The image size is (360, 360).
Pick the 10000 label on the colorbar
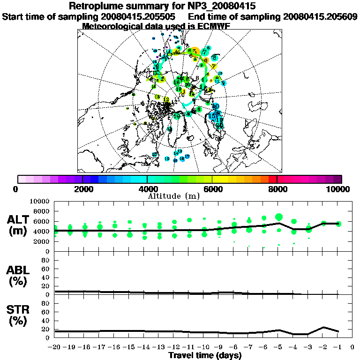point(338,189)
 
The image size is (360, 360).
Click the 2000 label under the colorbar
point(82,189)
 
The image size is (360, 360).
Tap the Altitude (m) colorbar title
point(174,195)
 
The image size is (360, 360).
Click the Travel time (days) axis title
point(205,356)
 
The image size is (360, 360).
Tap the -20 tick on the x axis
point(54,348)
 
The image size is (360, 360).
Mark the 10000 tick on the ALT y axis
point(41,201)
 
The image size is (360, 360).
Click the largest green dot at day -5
point(279,217)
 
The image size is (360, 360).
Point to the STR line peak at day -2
point(323,327)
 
